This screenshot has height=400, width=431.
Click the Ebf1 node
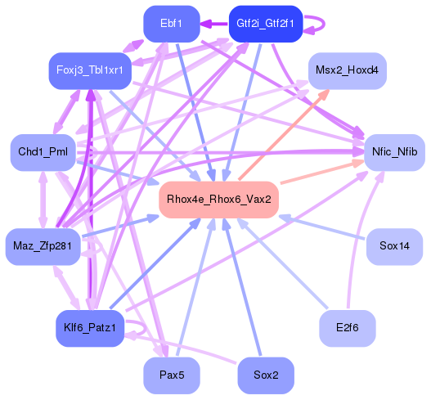coord(171,24)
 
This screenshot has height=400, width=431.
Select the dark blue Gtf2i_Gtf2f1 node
coord(265,24)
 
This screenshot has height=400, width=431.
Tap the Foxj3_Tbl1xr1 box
coord(90,70)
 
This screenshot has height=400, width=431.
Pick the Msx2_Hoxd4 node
coord(347,71)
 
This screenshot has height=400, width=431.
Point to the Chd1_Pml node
coord(43,152)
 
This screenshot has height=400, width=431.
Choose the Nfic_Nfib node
coord(394,152)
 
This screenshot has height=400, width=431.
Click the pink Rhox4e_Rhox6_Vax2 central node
coord(218,200)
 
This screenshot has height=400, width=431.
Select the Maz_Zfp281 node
coord(43,245)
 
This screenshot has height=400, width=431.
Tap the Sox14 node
coord(394,245)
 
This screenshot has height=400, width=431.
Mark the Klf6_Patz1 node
coord(90,329)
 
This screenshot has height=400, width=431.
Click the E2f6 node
coord(347,329)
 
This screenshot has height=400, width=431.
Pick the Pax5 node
coord(171,375)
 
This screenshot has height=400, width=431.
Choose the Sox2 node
coord(265,375)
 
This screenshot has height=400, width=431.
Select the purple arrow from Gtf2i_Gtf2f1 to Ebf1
coord(214,24)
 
